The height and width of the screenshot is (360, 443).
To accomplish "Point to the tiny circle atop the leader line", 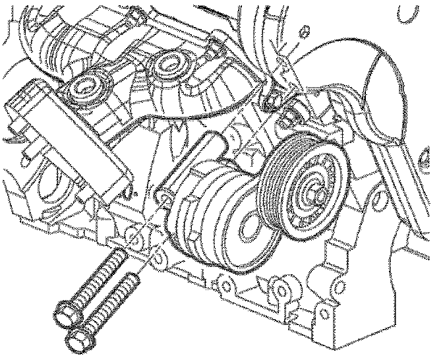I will [x=304, y=30].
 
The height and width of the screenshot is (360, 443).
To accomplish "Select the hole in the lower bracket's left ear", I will [x=225, y=285].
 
